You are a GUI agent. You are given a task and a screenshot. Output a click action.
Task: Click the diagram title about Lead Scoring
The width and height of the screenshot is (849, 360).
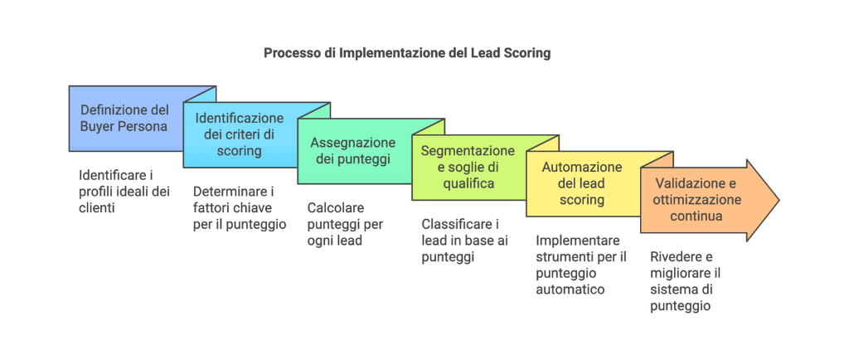407,52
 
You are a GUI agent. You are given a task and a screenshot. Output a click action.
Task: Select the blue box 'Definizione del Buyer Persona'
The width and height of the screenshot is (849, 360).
124,119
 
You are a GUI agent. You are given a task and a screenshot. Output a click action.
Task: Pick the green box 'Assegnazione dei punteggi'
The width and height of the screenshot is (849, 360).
353,151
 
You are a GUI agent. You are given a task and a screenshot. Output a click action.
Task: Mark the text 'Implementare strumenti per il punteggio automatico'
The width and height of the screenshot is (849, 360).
580,265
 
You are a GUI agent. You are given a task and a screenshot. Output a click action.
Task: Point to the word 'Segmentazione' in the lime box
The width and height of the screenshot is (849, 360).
468,151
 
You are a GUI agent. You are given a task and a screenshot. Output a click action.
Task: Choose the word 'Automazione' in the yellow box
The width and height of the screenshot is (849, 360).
581,167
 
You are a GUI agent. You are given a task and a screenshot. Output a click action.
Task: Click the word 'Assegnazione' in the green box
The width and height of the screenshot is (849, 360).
353,143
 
